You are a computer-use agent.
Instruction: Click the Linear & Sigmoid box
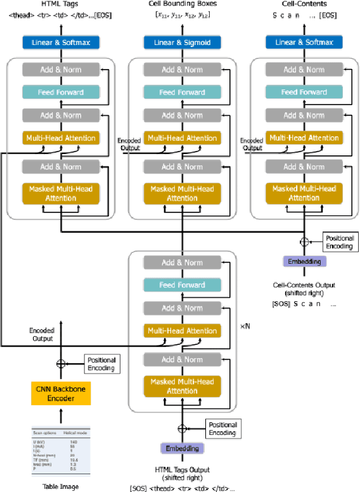183,42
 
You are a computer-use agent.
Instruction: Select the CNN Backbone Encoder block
61,393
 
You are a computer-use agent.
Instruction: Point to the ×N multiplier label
246,326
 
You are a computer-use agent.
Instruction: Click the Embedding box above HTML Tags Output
183,448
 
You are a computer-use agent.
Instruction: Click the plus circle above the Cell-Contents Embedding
304,242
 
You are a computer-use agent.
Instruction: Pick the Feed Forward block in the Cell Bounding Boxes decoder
183,92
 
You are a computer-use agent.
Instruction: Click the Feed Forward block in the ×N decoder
183,285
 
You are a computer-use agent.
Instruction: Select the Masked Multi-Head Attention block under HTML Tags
61,193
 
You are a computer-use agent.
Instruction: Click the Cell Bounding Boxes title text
183,5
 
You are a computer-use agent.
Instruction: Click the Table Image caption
61,487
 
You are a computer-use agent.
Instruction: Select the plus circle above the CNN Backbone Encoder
61,364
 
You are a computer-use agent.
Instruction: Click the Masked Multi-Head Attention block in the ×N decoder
183,386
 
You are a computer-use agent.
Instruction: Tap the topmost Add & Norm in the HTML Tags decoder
61,69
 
